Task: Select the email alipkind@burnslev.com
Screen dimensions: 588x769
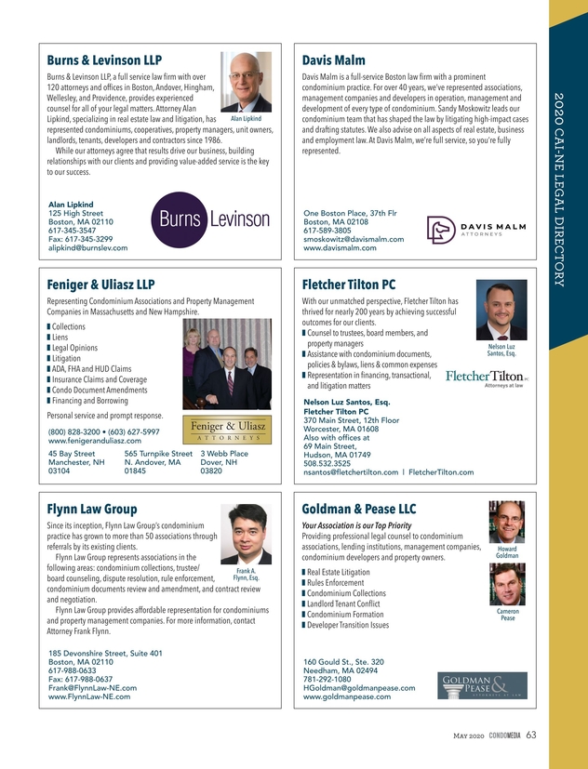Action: [87, 248]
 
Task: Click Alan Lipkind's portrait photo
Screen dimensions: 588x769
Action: [247, 88]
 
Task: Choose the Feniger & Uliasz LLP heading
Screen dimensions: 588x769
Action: [100, 284]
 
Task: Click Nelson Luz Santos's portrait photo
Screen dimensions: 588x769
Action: [501, 312]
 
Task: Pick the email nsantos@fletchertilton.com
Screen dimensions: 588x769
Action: [354, 472]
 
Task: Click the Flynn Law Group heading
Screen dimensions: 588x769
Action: [92, 509]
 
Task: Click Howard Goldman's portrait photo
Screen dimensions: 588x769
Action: [508, 521]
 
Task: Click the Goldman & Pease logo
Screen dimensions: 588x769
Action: [483, 685]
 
